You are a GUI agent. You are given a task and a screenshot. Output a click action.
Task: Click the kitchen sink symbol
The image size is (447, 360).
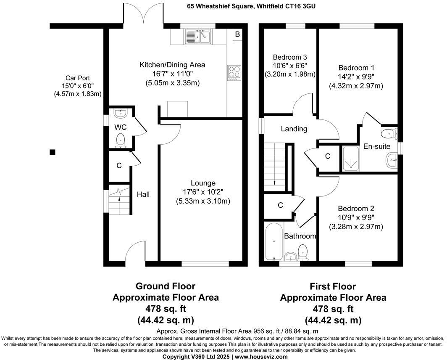(x=197, y=37)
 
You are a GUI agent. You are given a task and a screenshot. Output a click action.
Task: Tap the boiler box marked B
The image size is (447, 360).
(x=237, y=34)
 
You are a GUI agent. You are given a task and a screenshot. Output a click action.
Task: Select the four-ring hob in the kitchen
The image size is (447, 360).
(x=234, y=73)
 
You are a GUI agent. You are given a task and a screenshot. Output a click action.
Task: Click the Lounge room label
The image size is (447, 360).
(x=203, y=183)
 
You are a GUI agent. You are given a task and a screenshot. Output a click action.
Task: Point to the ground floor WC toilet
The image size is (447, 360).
(x=120, y=140)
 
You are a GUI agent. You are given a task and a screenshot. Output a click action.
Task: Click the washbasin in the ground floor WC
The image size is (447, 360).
(x=120, y=113)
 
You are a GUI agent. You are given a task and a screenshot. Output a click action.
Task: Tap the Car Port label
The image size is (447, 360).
(x=77, y=78)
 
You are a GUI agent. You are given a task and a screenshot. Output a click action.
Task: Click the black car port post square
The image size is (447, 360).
(x=52, y=152)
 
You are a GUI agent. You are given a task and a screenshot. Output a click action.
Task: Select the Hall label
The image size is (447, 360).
(x=143, y=194)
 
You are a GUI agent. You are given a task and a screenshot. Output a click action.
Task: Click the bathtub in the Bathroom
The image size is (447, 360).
(x=273, y=242)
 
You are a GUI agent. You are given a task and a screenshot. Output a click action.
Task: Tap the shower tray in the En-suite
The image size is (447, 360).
(x=351, y=158)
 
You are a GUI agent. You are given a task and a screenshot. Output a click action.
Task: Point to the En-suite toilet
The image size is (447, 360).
(x=387, y=134)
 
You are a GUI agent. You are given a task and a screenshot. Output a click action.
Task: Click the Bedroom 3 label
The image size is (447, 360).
(x=289, y=57)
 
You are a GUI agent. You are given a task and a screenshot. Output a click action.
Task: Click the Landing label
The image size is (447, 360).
(x=294, y=129)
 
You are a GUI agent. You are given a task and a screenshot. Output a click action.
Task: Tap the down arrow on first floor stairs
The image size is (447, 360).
(x=274, y=182)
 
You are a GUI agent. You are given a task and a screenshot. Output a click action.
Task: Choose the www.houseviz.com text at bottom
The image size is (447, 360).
(x=260, y=357)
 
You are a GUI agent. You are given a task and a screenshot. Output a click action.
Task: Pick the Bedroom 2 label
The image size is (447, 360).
(x=356, y=209)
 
